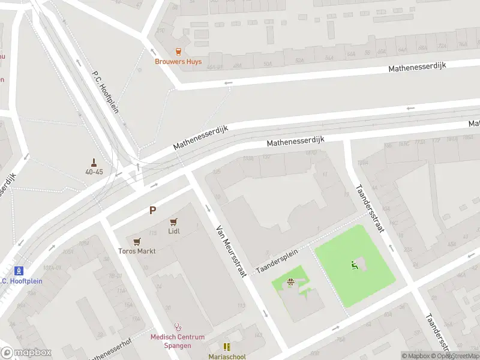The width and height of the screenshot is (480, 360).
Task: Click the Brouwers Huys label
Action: point(178,62)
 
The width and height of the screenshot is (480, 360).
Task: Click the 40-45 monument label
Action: point(94,172)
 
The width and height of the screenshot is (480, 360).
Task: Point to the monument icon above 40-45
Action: point(94,162)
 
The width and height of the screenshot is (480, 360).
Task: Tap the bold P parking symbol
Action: point(153,211)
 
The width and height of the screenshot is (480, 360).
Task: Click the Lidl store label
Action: point(174,231)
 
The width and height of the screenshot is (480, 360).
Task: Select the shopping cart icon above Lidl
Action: point(174,222)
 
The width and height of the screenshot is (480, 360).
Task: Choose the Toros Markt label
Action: point(137,251)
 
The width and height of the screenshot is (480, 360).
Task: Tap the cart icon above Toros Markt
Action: point(137,242)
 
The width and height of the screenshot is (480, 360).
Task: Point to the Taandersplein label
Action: point(277,262)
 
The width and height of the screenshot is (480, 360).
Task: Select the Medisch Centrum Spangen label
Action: point(178,341)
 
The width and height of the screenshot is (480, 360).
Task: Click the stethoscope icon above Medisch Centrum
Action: point(178,328)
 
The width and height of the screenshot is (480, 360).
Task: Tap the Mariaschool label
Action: point(227,356)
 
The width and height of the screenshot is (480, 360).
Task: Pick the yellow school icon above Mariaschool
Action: point(227,347)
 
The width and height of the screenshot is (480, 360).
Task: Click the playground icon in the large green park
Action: point(353,264)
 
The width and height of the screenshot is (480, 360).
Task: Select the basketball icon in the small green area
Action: point(291,283)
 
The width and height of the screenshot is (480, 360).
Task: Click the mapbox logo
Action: point(26,353)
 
